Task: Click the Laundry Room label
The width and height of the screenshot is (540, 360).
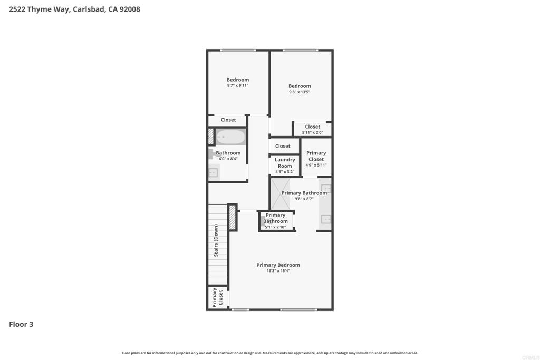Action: pos(285,163)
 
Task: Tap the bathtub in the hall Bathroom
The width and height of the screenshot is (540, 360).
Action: pos(230,137)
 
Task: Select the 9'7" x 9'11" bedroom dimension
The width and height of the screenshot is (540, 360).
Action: pos(238,85)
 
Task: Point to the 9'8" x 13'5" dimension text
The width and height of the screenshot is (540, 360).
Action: pos(300,92)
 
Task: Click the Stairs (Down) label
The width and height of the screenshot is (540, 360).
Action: pos(216,240)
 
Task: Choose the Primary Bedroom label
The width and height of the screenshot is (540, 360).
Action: pos(278,265)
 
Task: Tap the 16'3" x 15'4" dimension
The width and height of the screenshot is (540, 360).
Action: pos(278,271)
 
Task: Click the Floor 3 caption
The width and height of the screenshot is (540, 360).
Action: pos(21,324)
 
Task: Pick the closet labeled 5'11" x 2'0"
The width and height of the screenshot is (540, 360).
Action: pos(312,129)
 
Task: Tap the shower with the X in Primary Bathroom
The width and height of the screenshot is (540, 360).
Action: pos(281,194)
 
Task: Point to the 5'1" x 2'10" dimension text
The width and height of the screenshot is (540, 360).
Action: pos(275,227)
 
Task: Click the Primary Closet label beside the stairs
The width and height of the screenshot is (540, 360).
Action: pos(218,297)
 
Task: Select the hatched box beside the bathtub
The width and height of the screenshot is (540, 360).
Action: pos(211,137)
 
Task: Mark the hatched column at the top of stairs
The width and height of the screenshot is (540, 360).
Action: pos(233,217)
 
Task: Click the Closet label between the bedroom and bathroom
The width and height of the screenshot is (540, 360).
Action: pos(228,120)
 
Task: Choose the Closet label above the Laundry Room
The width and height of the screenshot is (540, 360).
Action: pos(283,146)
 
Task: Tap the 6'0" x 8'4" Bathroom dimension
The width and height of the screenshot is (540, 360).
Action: pos(228,159)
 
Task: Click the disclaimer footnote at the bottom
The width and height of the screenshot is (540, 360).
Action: pos(269,353)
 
